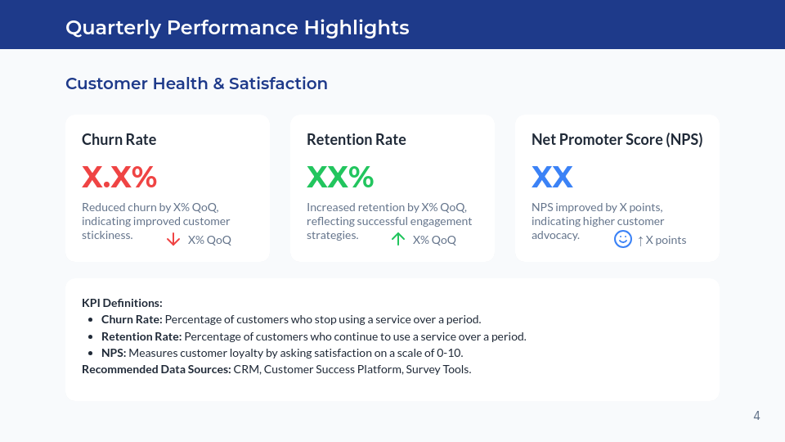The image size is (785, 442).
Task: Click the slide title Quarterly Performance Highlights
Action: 237,27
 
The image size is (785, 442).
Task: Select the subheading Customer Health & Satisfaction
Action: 196,83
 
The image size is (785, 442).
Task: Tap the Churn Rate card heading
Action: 119,139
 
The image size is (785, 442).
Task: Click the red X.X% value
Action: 119,177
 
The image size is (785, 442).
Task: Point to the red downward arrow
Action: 173,239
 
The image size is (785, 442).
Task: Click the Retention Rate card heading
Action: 356,139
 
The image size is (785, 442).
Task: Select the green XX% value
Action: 340,177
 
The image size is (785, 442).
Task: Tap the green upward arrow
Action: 398,239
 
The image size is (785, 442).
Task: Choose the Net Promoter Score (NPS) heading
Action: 617,139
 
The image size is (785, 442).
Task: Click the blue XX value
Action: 552,177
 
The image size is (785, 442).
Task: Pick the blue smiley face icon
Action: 623,239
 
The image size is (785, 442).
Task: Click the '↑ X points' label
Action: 662,240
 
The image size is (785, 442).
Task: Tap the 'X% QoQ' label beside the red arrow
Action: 209,240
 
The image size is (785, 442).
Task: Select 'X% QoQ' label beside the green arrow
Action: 434,240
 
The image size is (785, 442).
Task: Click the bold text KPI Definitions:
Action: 122,303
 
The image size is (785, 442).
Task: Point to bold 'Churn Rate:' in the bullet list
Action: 132,319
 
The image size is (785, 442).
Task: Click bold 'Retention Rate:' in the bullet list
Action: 141,336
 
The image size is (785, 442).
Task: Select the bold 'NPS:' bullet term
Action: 114,353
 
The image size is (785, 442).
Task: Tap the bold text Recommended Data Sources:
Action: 156,369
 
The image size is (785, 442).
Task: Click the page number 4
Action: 756,416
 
